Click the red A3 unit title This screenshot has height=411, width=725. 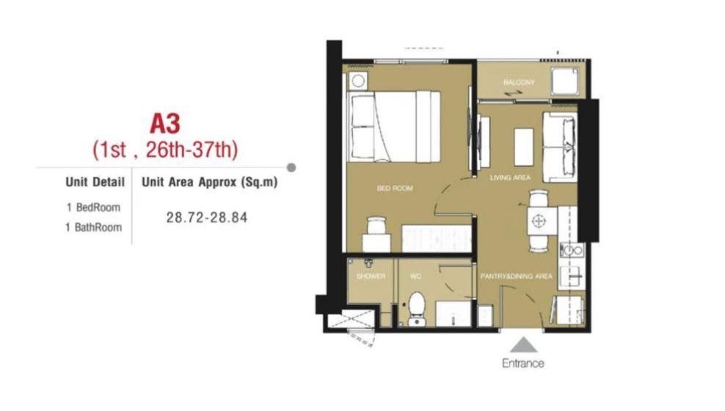165,123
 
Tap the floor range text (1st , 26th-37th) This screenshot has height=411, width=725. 165,150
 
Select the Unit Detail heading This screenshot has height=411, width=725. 95,182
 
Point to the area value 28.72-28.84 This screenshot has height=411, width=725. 207,217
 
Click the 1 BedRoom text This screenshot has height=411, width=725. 93,207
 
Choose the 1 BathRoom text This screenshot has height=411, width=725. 93,227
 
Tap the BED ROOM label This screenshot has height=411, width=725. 394,188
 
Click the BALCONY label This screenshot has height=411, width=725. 519,82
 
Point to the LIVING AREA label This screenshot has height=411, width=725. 510,178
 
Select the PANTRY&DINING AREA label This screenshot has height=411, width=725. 517,276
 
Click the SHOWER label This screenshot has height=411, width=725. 371,276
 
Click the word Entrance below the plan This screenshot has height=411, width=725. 523,363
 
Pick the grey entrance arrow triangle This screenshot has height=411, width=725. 523,345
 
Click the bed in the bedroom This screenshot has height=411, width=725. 393,127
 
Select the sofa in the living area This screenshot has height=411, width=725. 560,147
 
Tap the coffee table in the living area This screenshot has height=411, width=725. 524,147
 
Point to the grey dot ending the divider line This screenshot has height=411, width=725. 291,167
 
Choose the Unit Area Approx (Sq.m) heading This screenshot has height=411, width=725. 209,182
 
